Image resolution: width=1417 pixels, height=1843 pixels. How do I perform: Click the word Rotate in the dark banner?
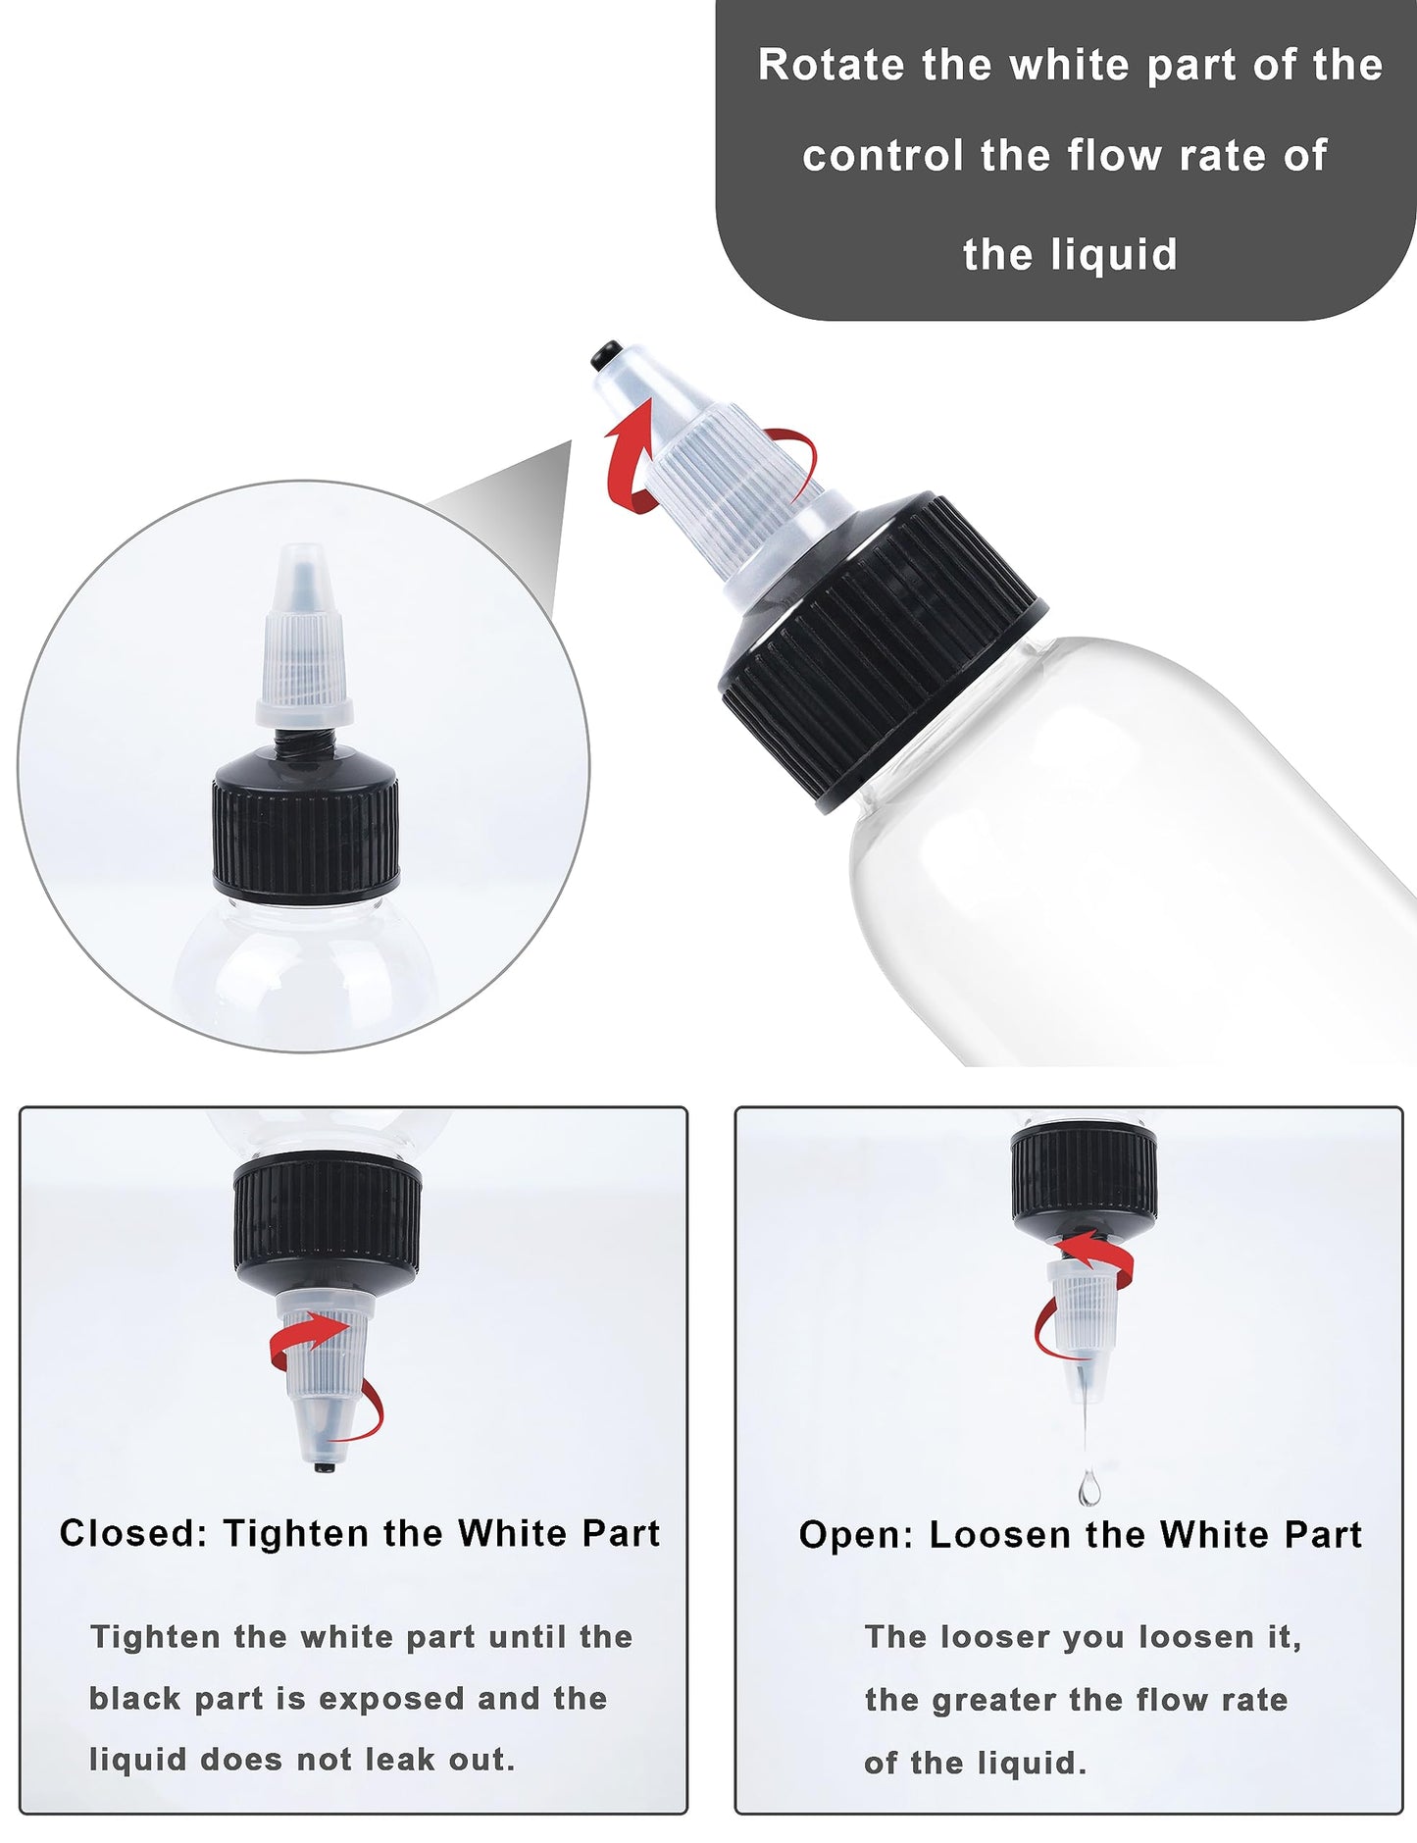[831, 66]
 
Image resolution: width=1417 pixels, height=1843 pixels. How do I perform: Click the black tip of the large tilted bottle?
[606, 352]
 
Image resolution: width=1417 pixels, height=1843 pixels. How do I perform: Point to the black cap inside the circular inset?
[306, 824]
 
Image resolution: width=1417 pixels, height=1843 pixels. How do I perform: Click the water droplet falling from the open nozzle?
[1088, 1489]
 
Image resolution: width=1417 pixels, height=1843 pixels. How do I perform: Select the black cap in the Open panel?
[1084, 1177]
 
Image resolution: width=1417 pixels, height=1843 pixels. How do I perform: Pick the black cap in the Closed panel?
[327, 1221]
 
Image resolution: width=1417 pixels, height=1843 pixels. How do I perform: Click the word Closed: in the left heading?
[132, 1533]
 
